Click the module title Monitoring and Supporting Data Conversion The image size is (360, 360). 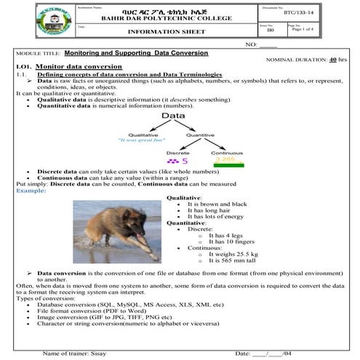[136, 54]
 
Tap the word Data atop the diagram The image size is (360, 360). [173, 116]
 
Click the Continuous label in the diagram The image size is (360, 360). [227, 153]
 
